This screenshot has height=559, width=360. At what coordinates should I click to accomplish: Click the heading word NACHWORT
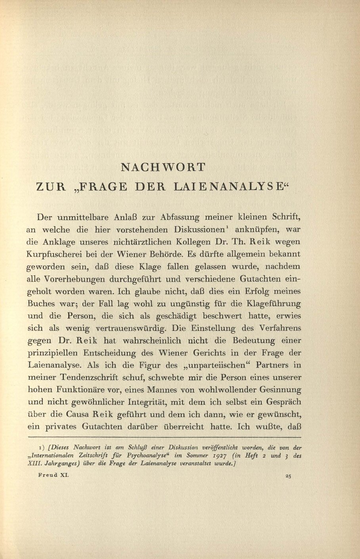pyautogui.click(x=163, y=167)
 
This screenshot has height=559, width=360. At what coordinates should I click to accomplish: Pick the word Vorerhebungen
pyautogui.click(x=77, y=279)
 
